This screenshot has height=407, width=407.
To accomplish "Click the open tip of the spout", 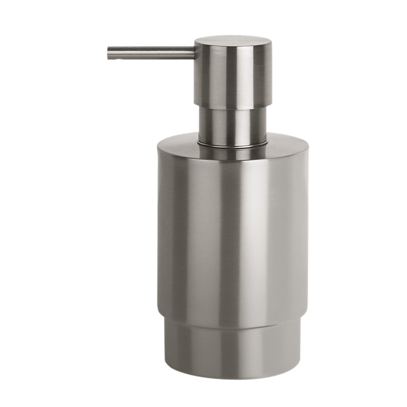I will (x=109, y=53).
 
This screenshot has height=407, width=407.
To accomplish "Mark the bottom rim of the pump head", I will (x=232, y=108).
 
